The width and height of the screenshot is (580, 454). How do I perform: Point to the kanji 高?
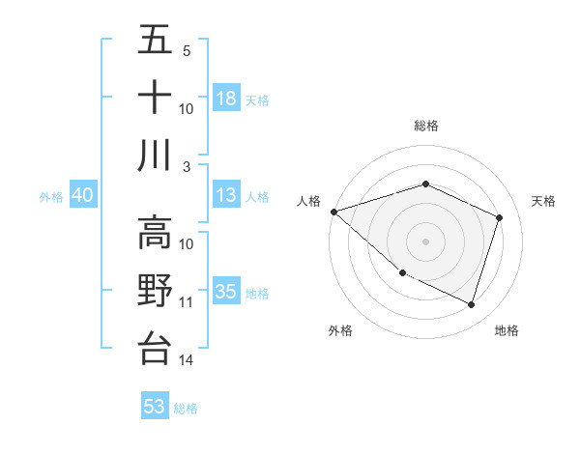coord(156,233)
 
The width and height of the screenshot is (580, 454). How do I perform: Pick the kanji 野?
coord(156,290)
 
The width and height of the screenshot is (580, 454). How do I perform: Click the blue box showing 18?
coord(226,98)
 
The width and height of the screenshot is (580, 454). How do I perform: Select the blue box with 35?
coord(226,292)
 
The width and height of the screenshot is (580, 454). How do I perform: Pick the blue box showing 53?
coord(155,407)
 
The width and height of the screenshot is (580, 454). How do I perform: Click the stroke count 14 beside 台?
coord(187,360)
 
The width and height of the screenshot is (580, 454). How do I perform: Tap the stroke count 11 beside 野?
coord(187,302)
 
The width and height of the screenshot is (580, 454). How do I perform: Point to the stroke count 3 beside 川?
coord(187,167)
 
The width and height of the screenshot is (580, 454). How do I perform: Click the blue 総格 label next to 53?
coord(186,409)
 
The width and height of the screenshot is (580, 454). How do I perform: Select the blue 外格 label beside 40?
coord(51,197)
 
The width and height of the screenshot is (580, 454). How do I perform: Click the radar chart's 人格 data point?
coord(333,212)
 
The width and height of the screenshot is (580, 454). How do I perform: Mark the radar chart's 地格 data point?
coord(471,305)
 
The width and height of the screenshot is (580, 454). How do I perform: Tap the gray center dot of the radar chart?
coord(425,241)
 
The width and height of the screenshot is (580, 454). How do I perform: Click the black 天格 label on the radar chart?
coord(544,201)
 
